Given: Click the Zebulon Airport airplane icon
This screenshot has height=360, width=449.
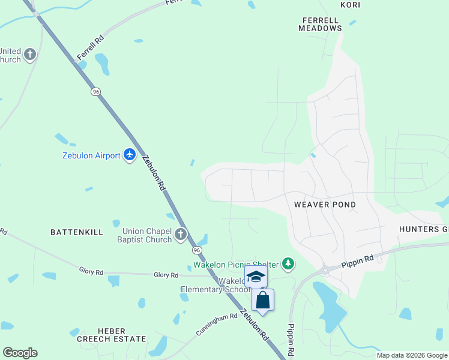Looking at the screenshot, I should pyautogui.click(x=130, y=155).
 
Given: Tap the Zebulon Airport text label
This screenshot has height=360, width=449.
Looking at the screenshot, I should pyautogui.click(x=91, y=155).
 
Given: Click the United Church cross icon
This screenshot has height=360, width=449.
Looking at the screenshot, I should pyautogui.click(x=29, y=55).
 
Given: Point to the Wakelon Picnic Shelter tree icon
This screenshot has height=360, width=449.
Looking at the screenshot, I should pyautogui.click(x=289, y=264).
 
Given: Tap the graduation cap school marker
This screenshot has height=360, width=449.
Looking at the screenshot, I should pyautogui.click(x=256, y=277).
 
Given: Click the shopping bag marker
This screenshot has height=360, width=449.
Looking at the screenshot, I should pyautogui.click(x=263, y=299).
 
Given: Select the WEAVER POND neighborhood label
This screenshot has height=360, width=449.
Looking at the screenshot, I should pyautogui.click(x=325, y=205).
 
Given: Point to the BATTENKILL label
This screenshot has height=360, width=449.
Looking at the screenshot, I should pyautogui.click(x=77, y=232).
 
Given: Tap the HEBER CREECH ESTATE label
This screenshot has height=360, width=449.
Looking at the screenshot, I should pyautogui.click(x=112, y=335).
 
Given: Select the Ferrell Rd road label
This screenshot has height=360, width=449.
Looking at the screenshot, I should pyautogui.click(x=91, y=48).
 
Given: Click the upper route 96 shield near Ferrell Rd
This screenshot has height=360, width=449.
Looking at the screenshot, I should pyautogui.click(x=96, y=92).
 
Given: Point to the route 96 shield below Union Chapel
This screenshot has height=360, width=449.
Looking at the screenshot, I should pyautogui.click(x=196, y=249).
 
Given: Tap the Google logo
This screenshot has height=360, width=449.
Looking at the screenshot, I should pyautogui.click(x=20, y=353).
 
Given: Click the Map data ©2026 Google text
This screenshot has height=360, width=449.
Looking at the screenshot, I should pyautogui.click(x=412, y=355).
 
